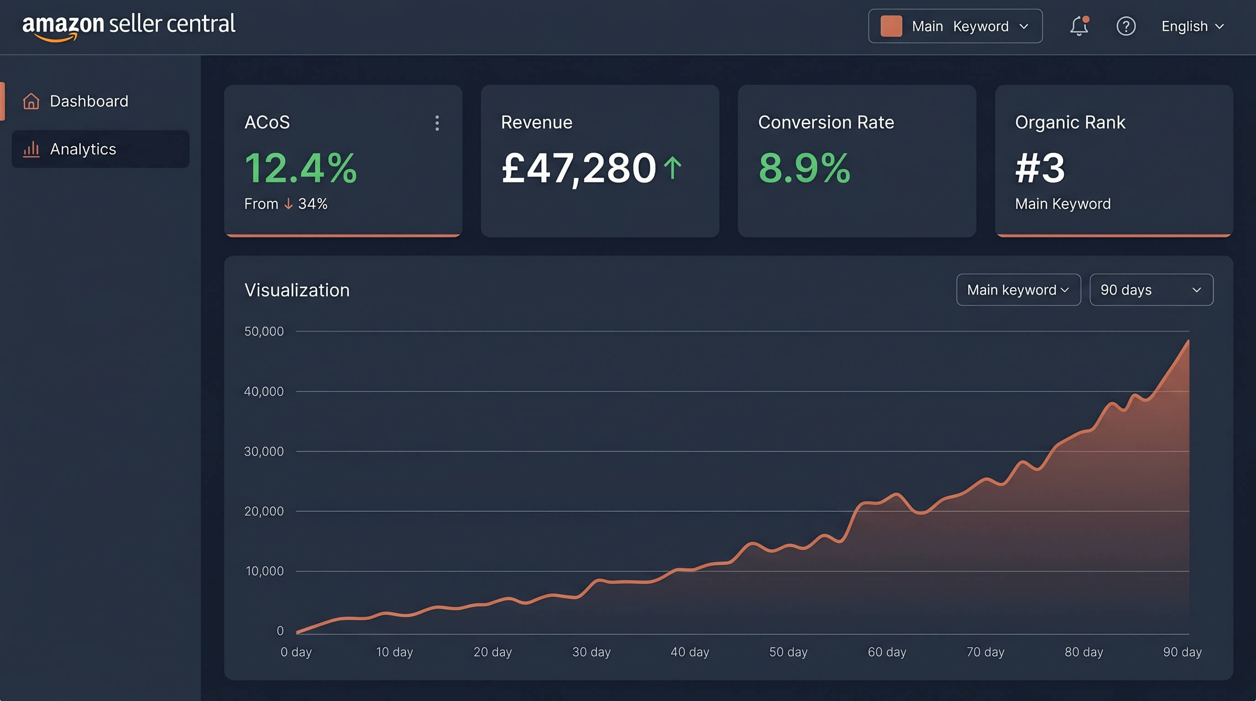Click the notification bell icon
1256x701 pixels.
(x=1078, y=26)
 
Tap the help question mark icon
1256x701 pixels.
(x=1126, y=26)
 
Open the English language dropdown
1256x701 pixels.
(x=1192, y=26)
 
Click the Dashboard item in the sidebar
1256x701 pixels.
(x=89, y=101)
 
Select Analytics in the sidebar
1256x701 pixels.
(x=83, y=149)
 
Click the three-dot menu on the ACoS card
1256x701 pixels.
(x=437, y=123)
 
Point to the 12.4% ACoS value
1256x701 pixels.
(x=300, y=168)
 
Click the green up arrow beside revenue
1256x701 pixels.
(x=673, y=167)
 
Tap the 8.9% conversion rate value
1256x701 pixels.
(x=804, y=168)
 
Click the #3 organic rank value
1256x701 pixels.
(x=1040, y=168)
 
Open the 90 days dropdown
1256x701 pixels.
(x=1151, y=290)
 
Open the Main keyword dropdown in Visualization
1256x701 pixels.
(x=1018, y=290)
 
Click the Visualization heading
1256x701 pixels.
(x=297, y=291)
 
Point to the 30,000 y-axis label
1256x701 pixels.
(x=264, y=451)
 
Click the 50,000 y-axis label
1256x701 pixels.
(x=264, y=331)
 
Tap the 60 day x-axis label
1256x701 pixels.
(x=886, y=652)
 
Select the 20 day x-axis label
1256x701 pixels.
(x=492, y=652)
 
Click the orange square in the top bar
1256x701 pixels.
(x=891, y=26)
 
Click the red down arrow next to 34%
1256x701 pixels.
(x=288, y=204)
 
